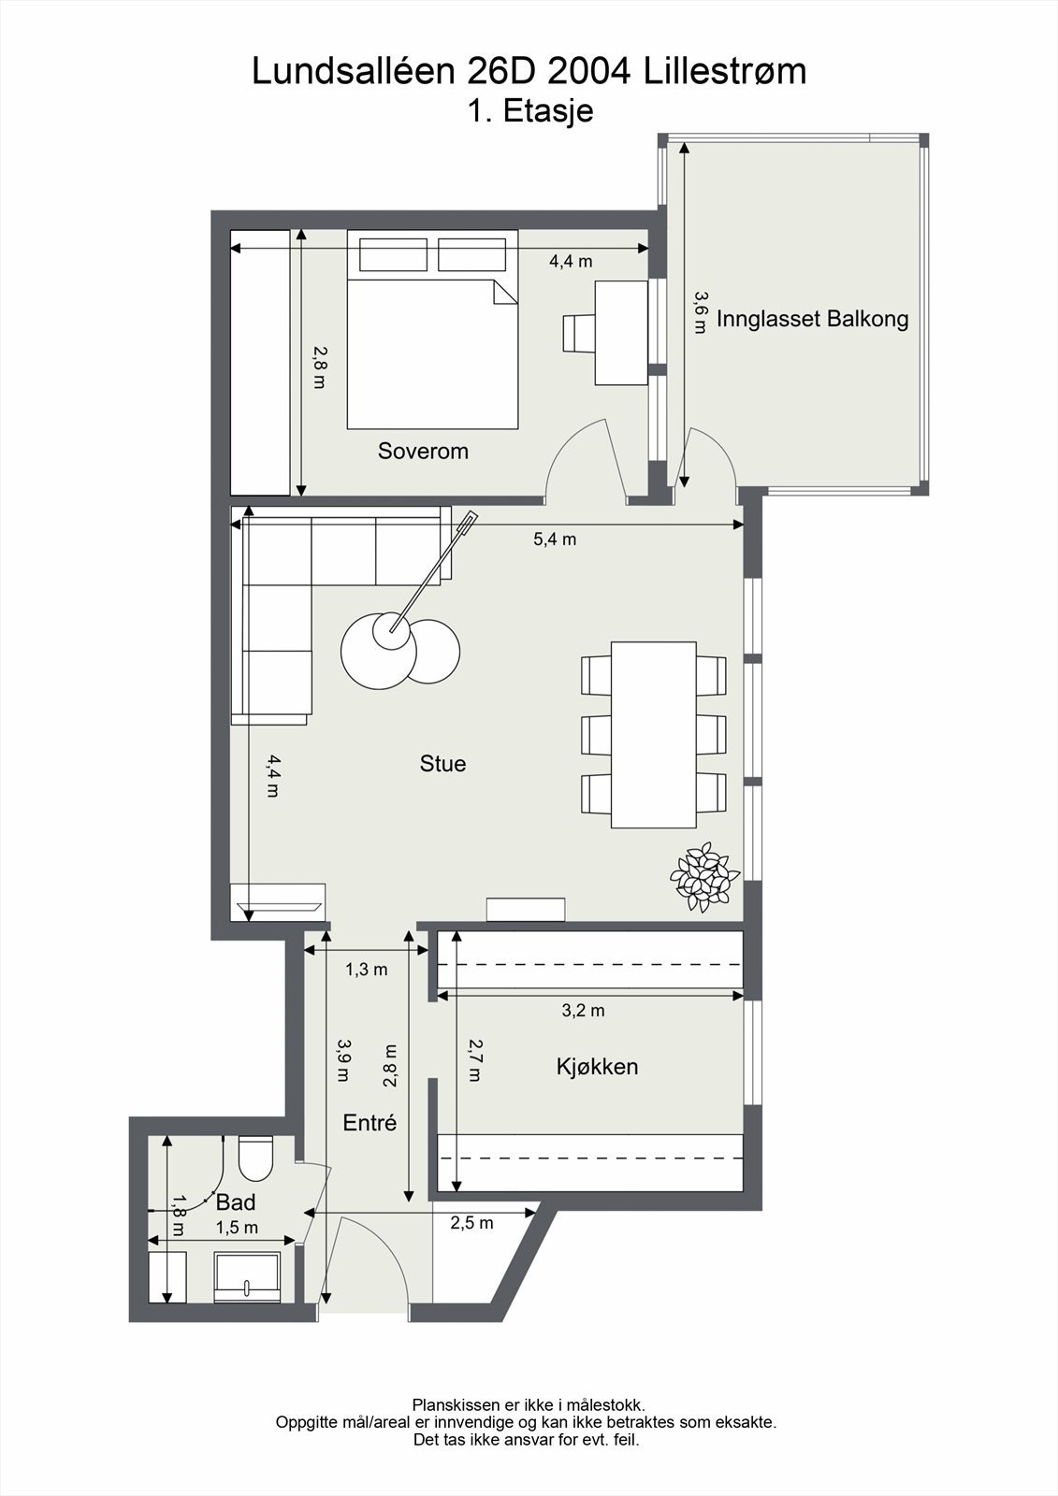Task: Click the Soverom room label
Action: pyautogui.click(x=423, y=452)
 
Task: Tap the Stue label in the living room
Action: pyautogui.click(x=442, y=763)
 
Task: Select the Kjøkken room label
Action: pyautogui.click(x=597, y=1067)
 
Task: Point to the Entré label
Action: pyautogui.click(x=370, y=1123)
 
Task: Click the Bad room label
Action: pyautogui.click(x=235, y=1202)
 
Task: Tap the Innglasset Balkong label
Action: pyautogui.click(x=812, y=319)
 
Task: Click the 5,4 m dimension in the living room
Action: pyautogui.click(x=555, y=539)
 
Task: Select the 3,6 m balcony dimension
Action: pyautogui.click(x=700, y=312)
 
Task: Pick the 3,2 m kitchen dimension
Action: pyautogui.click(x=583, y=1011)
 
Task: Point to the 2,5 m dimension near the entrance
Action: pyautogui.click(x=471, y=1224)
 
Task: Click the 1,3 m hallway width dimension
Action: pyautogui.click(x=367, y=969)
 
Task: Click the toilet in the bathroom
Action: pyautogui.click(x=256, y=1158)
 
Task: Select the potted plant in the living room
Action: pyautogui.click(x=705, y=877)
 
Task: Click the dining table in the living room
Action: pyautogui.click(x=654, y=735)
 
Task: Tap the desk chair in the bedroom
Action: pyautogui.click(x=579, y=333)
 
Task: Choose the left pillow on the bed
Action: pyautogui.click(x=393, y=254)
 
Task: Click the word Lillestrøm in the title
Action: pyautogui.click(x=725, y=71)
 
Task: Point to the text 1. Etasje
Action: pyautogui.click(x=530, y=111)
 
